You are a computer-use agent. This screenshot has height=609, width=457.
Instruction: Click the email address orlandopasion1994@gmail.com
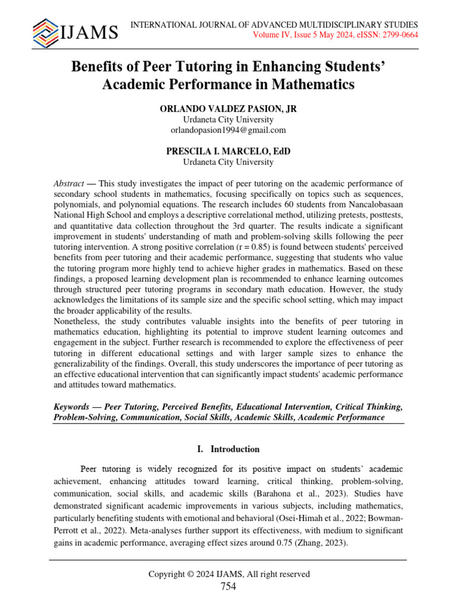coord(228,130)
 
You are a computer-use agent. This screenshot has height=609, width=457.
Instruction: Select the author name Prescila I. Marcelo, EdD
coord(228,151)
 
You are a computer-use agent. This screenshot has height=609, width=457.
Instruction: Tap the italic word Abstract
coord(69,184)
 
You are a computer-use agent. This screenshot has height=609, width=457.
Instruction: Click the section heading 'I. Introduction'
coord(228,449)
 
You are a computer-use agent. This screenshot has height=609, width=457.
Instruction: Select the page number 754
coord(228,587)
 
